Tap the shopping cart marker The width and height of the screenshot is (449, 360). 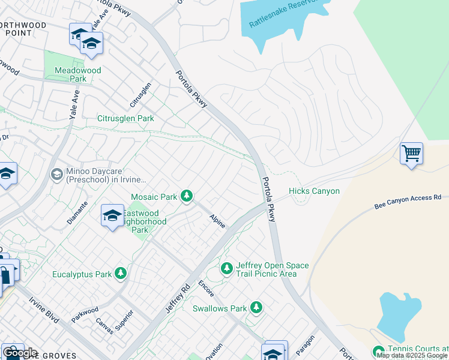tap(411, 154)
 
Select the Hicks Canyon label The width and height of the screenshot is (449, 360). tap(314, 191)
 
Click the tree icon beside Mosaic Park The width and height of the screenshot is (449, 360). tap(187, 196)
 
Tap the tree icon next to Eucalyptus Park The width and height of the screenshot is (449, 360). tap(121, 274)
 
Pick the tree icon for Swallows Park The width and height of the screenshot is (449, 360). tap(256, 308)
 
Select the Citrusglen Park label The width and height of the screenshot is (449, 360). tap(125, 119)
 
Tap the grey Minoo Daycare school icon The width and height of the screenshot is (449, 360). tap(57, 174)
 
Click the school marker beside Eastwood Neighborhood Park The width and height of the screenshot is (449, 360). tap(112, 216)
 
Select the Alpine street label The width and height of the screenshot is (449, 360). tap(217, 221)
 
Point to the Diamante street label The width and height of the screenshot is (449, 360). tap(77, 212)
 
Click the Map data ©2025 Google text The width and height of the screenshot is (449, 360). tap(412, 355)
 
